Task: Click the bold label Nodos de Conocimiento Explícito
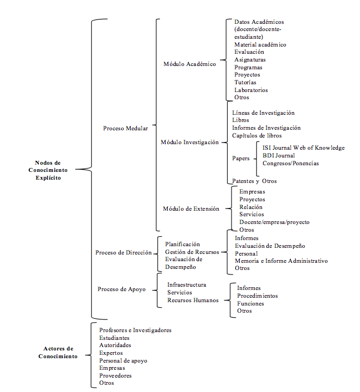coord(48,170)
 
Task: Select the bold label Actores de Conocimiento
coord(58,352)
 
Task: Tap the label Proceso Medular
coord(126,128)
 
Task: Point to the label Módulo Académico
coord(190,64)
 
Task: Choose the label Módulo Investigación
coord(190,142)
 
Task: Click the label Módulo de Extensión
coord(191,208)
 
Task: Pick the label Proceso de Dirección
coord(124,252)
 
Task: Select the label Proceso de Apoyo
coord(122,289)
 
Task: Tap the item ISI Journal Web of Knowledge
coord(304,147)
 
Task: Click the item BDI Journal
coord(279,155)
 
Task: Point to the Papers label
coord(241,159)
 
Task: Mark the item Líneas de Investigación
coord(264,113)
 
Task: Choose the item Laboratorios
coord(251,90)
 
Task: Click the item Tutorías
coord(245,82)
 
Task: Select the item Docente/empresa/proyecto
coord(274,222)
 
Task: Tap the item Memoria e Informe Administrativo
coord(281,261)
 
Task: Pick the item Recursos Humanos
coord(193,301)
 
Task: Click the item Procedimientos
coord(258,296)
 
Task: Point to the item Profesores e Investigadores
coord(135,330)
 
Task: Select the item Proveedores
coord(115,375)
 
